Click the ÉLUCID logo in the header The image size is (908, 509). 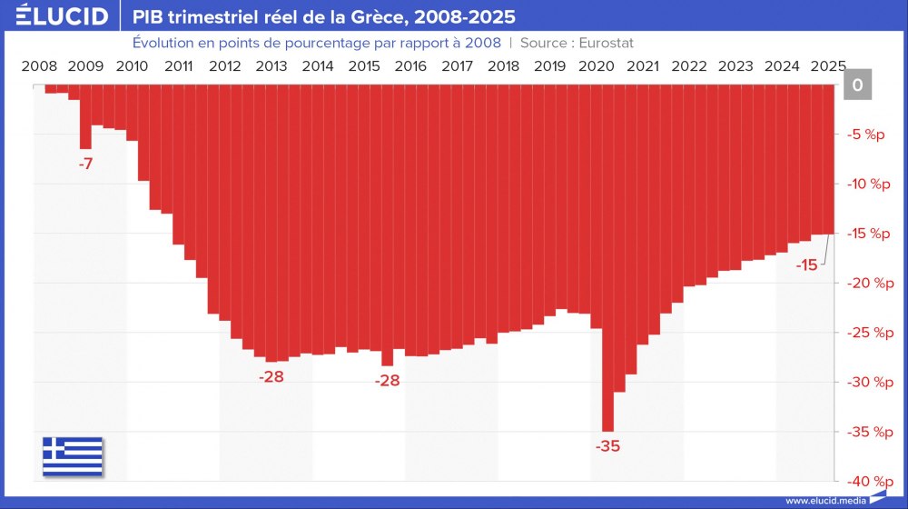pyautogui.click(x=55, y=16)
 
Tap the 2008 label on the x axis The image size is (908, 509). pyautogui.click(x=39, y=65)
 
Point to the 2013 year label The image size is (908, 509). pyautogui.click(x=271, y=65)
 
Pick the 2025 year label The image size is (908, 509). pyautogui.click(x=828, y=65)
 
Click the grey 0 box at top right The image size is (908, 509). pyautogui.click(x=857, y=85)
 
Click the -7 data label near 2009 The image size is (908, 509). pyautogui.click(x=85, y=165)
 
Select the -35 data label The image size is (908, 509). pyautogui.click(x=607, y=446)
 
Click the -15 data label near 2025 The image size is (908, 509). pyautogui.click(x=806, y=265)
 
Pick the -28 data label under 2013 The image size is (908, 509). pyautogui.click(x=271, y=376)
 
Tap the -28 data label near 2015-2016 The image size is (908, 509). pyautogui.click(x=388, y=381)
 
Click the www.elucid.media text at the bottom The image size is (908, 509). pyautogui.click(x=824, y=500)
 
